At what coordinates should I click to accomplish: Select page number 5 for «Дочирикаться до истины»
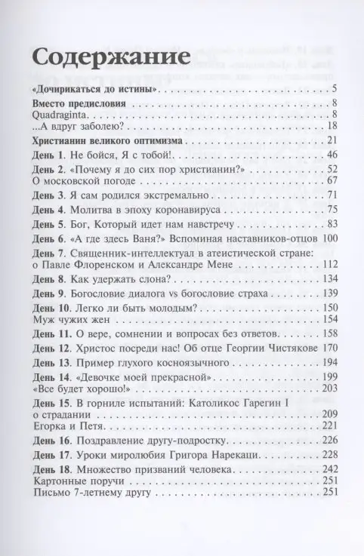(333, 90)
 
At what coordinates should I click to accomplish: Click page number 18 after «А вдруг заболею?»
(331, 126)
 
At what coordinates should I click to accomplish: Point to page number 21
(331, 141)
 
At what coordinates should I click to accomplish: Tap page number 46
(331, 155)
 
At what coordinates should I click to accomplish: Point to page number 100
(328, 239)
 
